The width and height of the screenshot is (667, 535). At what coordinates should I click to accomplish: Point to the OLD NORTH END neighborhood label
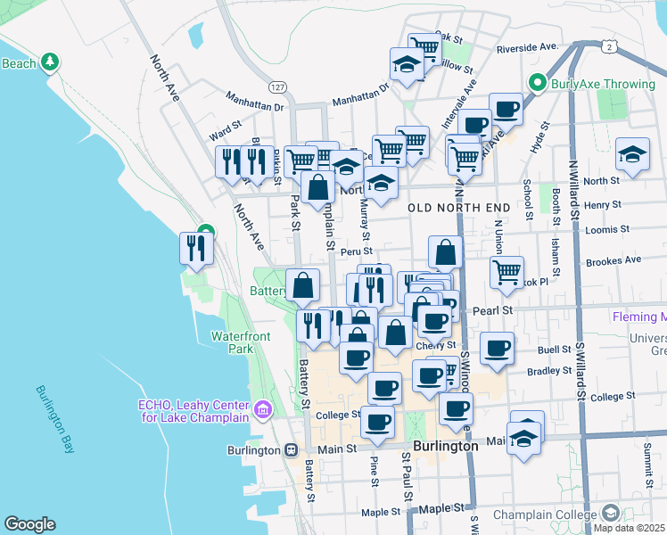[x=459, y=208]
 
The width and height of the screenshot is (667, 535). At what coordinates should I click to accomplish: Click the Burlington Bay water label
[x=55, y=419]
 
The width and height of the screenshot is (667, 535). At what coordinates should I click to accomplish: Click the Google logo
[x=29, y=524]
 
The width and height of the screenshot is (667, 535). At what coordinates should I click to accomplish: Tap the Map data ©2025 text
[x=629, y=528]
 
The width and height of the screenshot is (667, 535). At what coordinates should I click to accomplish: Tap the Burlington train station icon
[x=291, y=450]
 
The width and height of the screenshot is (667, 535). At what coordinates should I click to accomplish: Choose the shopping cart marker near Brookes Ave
[x=506, y=272]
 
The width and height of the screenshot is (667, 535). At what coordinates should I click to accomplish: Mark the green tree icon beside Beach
[x=52, y=62]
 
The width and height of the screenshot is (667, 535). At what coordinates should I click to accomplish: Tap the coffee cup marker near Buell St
[x=497, y=347]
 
